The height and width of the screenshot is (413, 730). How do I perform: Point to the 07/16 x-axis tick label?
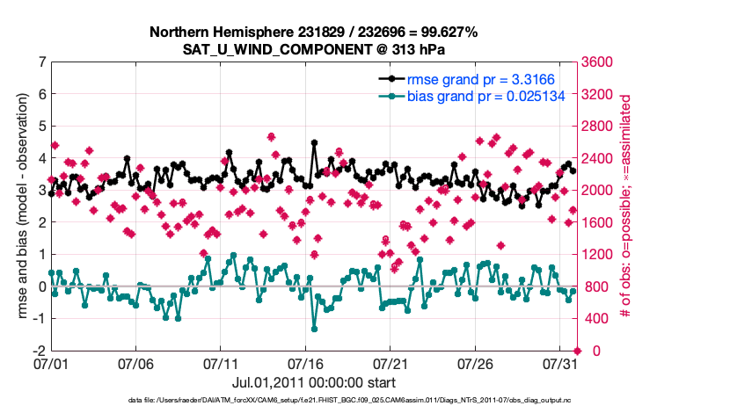click(305, 363)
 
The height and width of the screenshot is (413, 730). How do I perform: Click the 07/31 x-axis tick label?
click(560, 363)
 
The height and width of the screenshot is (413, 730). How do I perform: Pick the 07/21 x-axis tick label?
click(391, 363)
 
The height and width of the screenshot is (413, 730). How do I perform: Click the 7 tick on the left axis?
click(40, 62)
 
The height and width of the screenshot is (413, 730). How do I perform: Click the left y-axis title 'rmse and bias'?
click(21, 206)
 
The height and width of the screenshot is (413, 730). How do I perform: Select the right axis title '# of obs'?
click(627, 206)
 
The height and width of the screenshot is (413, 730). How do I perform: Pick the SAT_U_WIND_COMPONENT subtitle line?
click(314, 49)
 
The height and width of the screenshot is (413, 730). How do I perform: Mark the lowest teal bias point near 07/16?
click(314, 329)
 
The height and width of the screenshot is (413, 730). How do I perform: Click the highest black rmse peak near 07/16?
click(314, 141)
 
